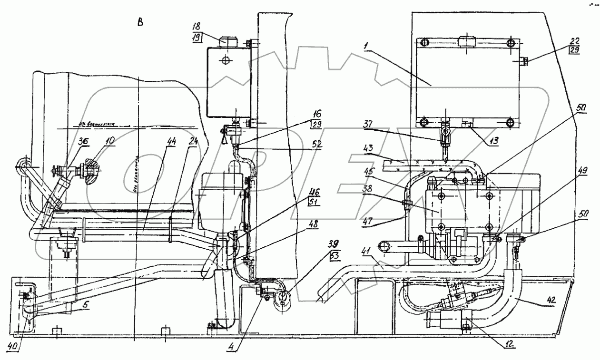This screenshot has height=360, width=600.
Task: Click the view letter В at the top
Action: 140,22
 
